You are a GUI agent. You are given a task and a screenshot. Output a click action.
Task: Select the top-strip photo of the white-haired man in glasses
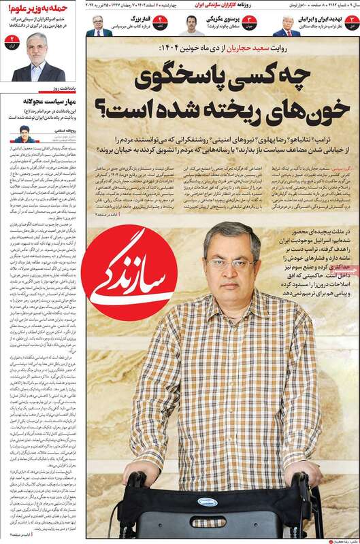tap(99, 25)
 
